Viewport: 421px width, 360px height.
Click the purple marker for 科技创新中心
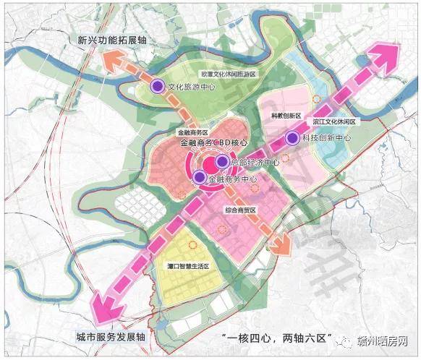pos(293,138)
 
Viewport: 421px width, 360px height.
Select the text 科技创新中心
pos(326,138)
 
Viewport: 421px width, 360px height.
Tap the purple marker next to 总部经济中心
pos(222,162)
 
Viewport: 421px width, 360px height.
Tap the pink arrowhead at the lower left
pos(103,307)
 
